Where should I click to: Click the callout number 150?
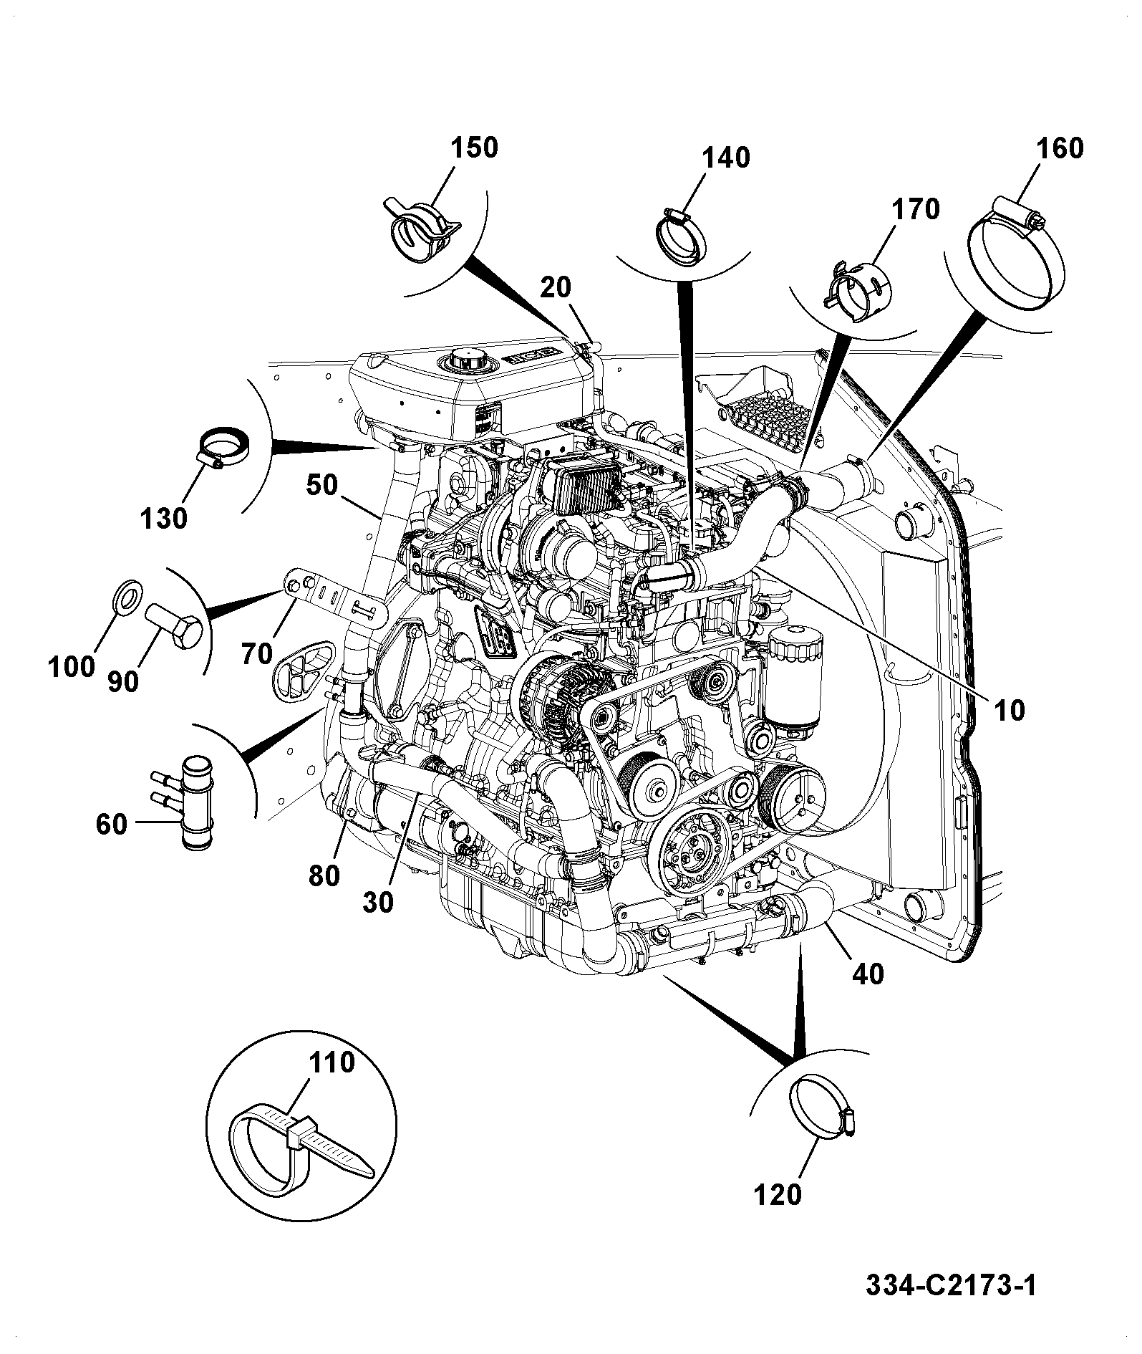click(x=473, y=148)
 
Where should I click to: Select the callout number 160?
click(x=1060, y=148)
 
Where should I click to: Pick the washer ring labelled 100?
click(x=128, y=596)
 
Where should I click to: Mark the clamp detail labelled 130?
click(x=221, y=449)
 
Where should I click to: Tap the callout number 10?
click(x=1008, y=711)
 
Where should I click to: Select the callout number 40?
click(x=867, y=974)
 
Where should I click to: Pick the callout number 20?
click(x=556, y=287)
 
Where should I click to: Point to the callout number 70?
click(x=258, y=654)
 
